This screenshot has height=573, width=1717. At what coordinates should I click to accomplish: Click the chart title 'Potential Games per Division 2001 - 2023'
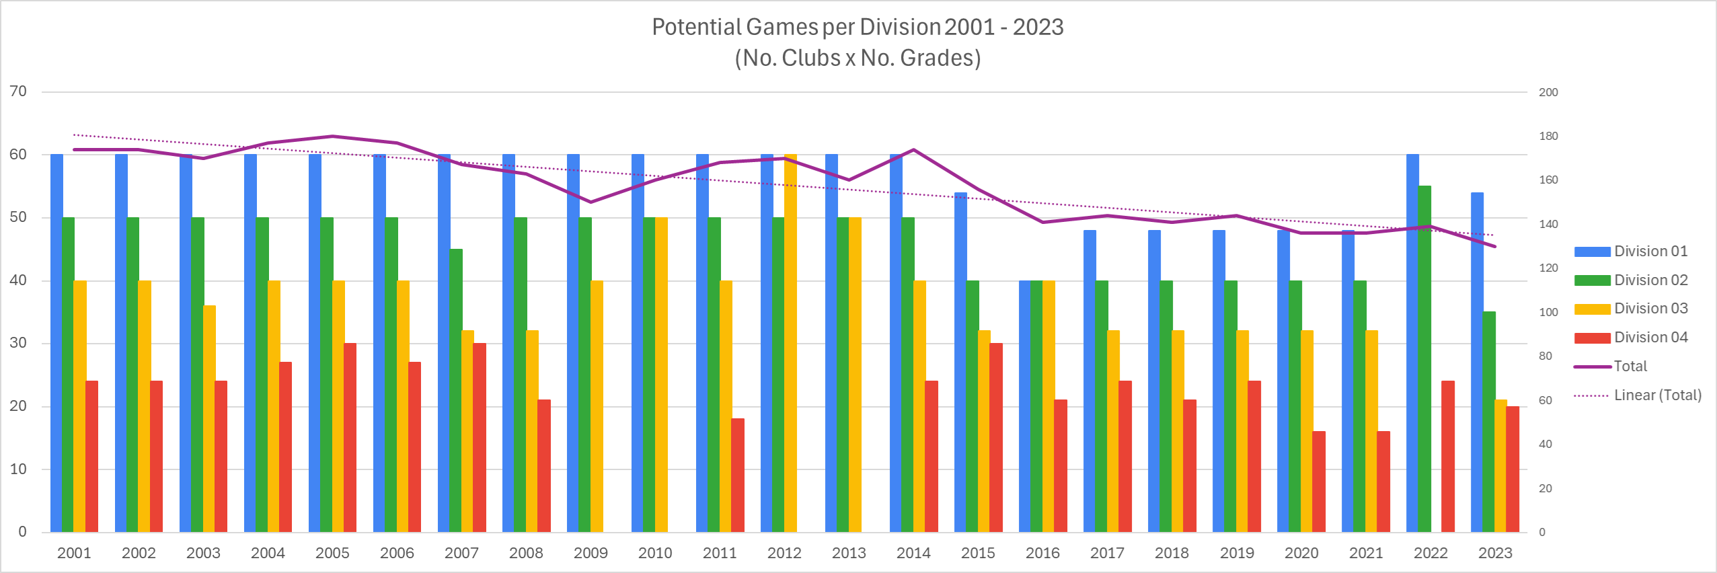(857, 27)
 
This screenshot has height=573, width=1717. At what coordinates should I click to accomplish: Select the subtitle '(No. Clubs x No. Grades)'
(857, 58)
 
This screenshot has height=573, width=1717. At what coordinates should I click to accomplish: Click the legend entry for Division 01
(1650, 252)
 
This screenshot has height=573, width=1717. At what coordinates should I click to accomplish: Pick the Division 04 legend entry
(1650, 338)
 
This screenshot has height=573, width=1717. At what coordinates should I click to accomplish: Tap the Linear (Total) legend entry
(1657, 395)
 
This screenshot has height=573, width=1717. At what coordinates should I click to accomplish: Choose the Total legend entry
(1630, 367)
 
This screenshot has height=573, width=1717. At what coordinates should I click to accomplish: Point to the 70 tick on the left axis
(18, 91)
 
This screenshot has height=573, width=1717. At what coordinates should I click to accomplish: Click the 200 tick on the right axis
(1548, 92)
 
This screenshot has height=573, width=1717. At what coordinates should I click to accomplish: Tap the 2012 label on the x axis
(784, 553)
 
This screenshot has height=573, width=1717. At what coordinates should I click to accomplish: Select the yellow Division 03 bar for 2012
(790, 343)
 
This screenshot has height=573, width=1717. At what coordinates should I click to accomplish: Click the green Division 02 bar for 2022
(1424, 359)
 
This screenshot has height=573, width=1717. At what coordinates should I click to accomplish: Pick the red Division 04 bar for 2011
(738, 475)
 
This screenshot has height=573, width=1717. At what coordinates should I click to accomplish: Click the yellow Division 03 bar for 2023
(1501, 465)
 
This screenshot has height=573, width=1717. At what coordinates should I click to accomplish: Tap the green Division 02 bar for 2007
(456, 390)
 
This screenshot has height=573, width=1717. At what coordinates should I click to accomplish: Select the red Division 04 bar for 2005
(350, 437)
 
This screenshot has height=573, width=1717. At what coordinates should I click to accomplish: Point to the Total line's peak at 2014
(913, 150)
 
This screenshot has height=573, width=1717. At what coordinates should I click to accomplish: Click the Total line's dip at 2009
(590, 202)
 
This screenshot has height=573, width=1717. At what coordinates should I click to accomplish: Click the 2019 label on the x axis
(1237, 553)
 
